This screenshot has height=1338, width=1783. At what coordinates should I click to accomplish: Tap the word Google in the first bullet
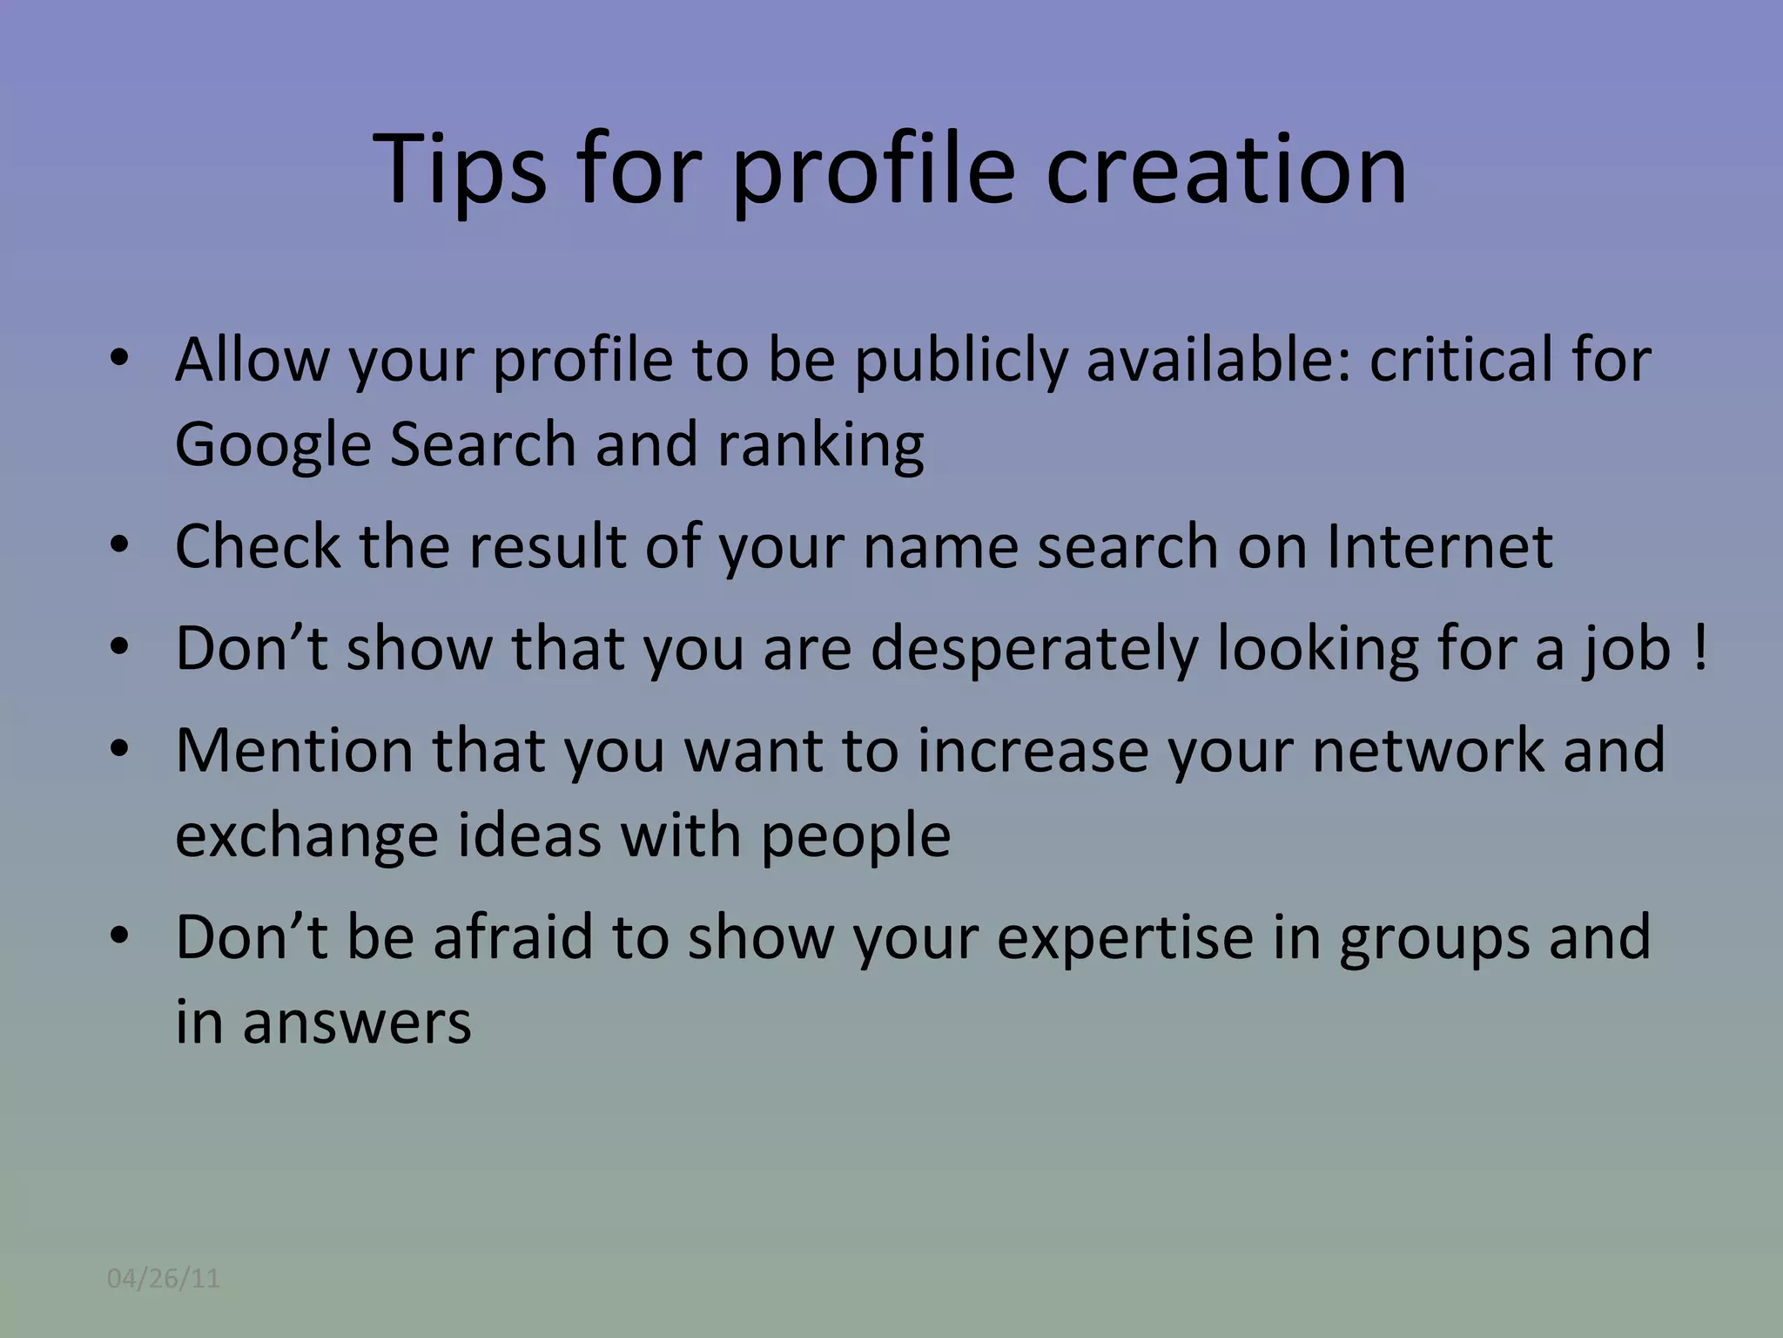point(272,445)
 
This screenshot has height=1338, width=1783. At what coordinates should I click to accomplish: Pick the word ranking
point(820,445)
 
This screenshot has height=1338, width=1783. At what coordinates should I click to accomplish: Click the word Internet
point(1439,546)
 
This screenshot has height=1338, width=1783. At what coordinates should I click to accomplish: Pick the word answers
point(356,1023)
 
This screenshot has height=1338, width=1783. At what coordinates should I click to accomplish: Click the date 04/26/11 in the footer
point(164,1279)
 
